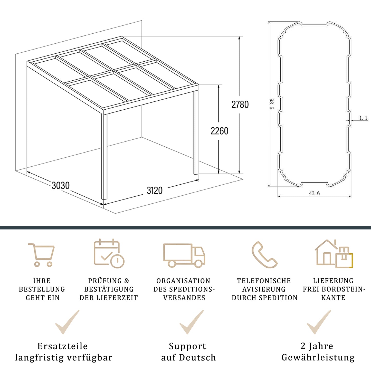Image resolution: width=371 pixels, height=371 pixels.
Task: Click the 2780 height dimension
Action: [x=240, y=104]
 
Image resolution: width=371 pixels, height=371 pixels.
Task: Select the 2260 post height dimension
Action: [x=219, y=131]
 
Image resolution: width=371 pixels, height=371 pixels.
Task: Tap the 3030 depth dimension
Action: [x=61, y=185]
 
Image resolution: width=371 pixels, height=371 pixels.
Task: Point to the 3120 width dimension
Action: [x=155, y=191]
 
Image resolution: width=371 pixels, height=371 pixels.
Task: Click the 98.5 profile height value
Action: [x=272, y=104]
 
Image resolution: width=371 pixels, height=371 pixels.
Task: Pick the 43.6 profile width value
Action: [x=314, y=193]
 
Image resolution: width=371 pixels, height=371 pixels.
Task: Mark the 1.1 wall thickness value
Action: [x=363, y=118]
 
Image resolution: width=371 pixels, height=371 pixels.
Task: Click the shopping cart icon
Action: [x=42, y=255]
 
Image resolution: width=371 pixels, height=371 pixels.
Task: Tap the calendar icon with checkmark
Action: [x=109, y=254]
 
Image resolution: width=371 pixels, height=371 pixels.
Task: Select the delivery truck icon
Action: [x=184, y=255]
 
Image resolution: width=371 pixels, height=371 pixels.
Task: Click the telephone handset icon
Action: [x=264, y=255]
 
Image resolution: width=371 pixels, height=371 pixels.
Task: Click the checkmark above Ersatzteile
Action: [x=67, y=322]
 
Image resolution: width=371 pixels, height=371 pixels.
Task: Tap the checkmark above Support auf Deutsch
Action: [x=192, y=322]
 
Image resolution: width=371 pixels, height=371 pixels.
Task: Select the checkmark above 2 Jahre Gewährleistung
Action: [x=319, y=322]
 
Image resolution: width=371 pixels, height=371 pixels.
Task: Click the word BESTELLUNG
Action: [x=42, y=289]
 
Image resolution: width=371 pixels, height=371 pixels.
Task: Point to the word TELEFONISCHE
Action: [x=264, y=281]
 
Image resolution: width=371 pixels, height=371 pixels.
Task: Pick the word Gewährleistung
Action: [x=318, y=357]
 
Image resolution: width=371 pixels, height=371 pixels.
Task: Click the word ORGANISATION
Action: [x=183, y=281]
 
